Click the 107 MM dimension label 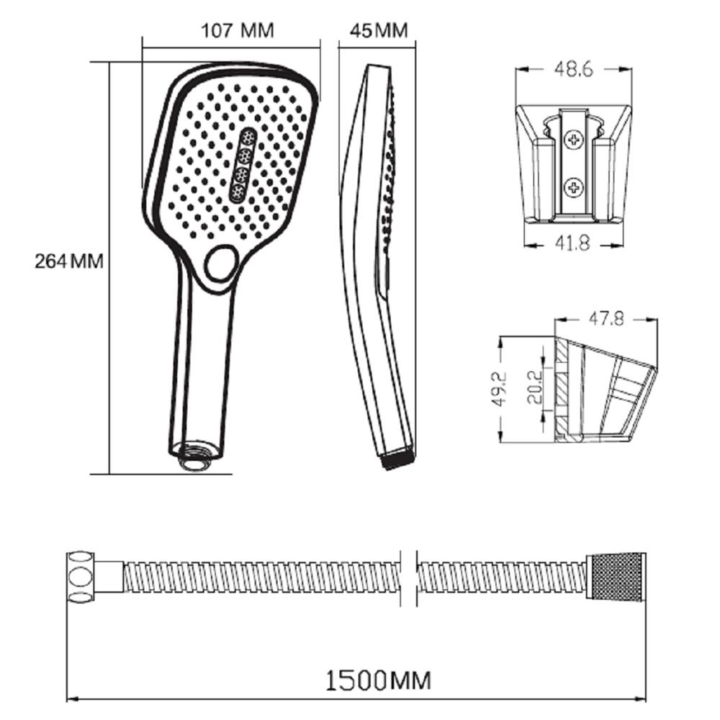click(x=238, y=30)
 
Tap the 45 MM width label click(x=379, y=31)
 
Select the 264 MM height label click(x=69, y=261)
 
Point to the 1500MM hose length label click(x=379, y=680)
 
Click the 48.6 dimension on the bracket click(x=574, y=69)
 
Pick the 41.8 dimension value click(x=572, y=243)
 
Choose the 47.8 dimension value click(x=606, y=318)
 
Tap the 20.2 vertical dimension click(x=534, y=386)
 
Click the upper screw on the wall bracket click(x=574, y=140)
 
